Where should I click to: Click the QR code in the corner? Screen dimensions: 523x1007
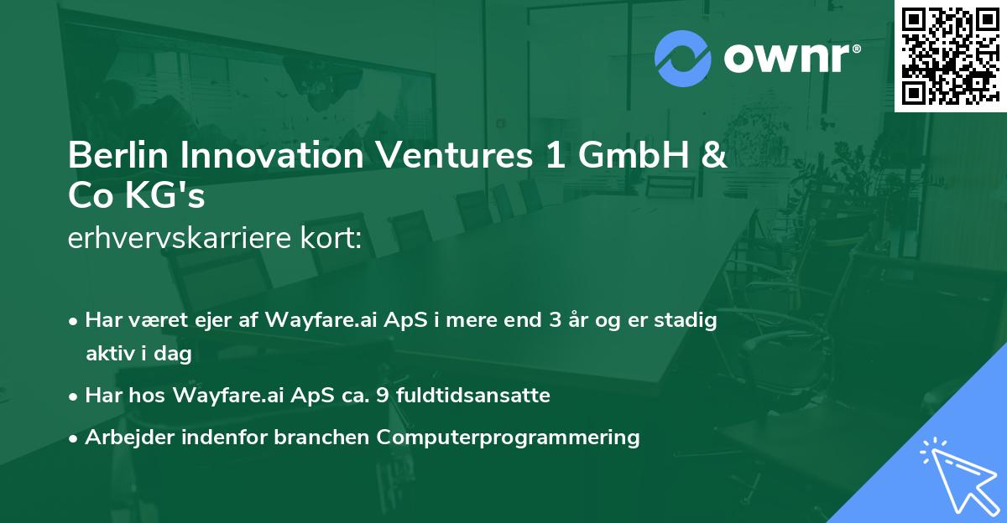point(950,55)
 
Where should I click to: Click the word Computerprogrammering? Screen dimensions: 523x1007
point(509,437)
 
